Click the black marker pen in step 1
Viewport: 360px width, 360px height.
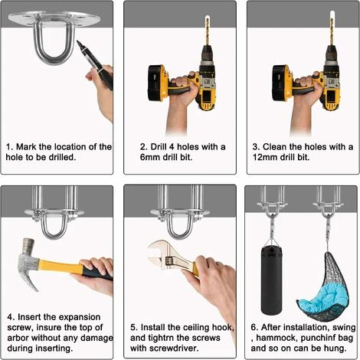pos(94,64)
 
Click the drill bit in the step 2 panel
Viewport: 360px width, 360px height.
pos(207,31)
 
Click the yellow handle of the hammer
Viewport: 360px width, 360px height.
pos(61,267)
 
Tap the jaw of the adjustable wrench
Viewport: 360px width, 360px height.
pos(158,253)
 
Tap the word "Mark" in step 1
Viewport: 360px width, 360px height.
pos(26,147)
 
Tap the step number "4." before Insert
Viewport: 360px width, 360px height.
pos(11,317)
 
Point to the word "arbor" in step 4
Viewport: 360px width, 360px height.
pos(18,338)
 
